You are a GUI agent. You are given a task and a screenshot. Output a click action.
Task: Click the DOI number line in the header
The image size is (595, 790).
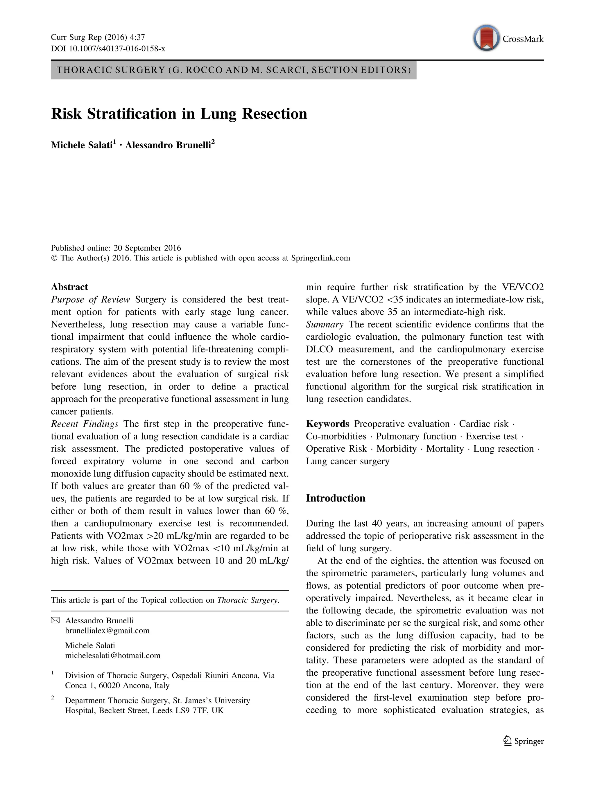coord(108,49)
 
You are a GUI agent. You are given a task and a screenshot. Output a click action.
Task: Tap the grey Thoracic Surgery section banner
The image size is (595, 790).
coord(233,70)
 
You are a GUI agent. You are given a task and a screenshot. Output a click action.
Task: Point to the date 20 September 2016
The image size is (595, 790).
coord(147,248)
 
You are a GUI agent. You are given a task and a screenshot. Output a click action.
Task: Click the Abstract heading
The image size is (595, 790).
coord(69,287)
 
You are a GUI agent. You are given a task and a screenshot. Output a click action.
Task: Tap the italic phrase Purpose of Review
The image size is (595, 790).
coord(90,299)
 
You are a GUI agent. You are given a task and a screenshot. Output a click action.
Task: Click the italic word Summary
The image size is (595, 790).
coord(325,324)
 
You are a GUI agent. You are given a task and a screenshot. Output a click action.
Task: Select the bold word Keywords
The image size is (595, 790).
coord(327,424)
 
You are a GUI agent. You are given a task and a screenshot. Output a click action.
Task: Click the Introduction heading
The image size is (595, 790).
coord(335,498)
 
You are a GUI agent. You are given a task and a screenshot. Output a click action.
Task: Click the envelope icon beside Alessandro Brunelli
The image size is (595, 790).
coord(55,621)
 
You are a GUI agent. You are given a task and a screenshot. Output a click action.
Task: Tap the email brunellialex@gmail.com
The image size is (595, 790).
coord(107,631)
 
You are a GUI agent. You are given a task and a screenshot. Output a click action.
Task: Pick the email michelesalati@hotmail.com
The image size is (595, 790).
coord(112,656)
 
